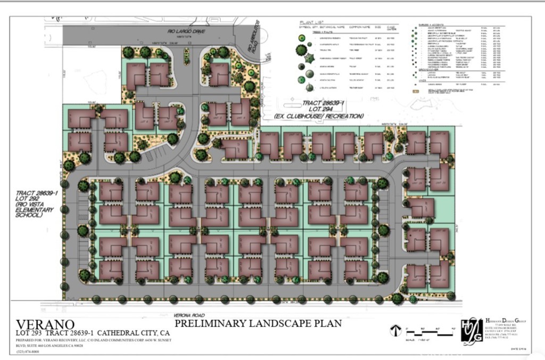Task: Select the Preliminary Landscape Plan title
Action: pos(258,323)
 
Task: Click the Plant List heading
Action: pos(311,23)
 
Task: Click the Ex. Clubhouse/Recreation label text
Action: pos(319,116)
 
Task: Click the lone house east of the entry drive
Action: pos(219,74)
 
